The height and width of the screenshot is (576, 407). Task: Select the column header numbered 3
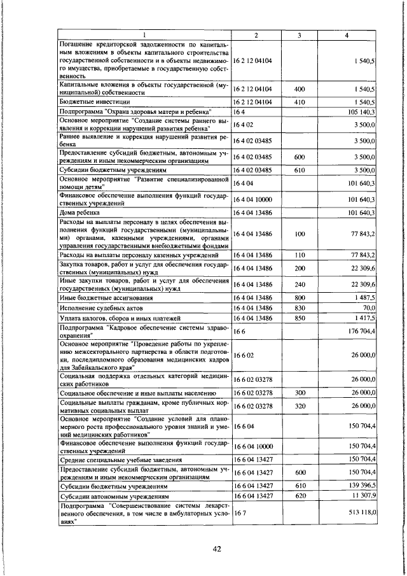tap(299, 35)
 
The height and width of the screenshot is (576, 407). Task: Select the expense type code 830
tap(300, 307)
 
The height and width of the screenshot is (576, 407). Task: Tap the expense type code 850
tap(300, 318)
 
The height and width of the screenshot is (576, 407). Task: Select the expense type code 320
tap(300, 407)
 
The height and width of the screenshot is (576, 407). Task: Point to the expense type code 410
tap(300, 101)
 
